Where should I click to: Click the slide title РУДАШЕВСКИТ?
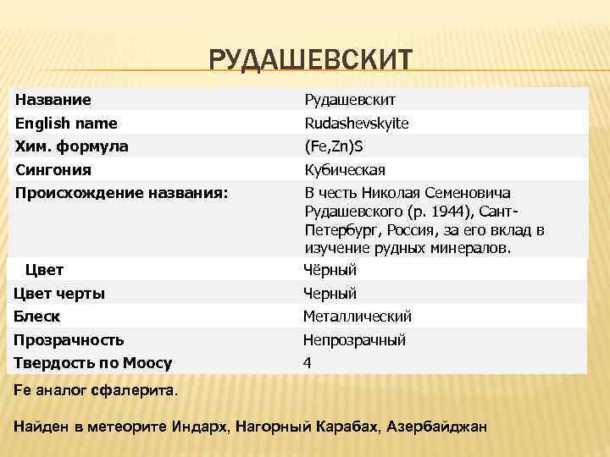click(x=310, y=60)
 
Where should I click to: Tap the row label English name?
click(x=66, y=124)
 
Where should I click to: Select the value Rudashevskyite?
click(x=356, y=124)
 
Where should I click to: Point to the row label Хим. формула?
click(x=71, y=146)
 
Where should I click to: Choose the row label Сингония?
click(x=53, y=168)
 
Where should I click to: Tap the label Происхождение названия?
click(x=121, y=192)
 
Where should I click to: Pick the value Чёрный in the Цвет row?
click(x=330, y=271)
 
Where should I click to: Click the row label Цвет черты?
click(x=60, y=294)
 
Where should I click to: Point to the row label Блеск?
click(x=37, y=317)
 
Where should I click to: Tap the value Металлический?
click(x=358, y=317)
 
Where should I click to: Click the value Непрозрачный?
click(x=354, y=340)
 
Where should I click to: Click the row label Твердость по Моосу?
click(x=93, y=363)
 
